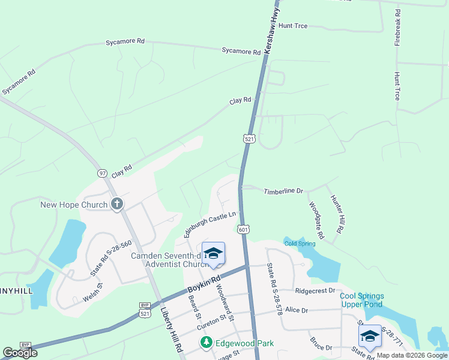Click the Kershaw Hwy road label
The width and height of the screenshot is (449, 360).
[x=272, y=28]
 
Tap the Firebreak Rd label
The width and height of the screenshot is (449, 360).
[x=397, y=25]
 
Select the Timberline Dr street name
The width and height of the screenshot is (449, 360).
[x=283, y=191]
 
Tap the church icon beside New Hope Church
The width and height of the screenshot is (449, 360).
[x=116, y=205]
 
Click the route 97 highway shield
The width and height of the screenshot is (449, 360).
[x=102, y=173]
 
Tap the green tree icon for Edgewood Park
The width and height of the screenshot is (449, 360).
[x=206, y=343]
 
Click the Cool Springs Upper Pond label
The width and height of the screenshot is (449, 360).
[x=362, y=300]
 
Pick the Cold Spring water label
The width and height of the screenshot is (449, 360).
[x=300, y=243]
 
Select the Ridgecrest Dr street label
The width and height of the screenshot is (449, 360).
[x=315, y=290]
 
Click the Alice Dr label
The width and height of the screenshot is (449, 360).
[x=297, y=310]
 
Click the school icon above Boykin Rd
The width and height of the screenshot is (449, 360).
[x=213, y=253]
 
